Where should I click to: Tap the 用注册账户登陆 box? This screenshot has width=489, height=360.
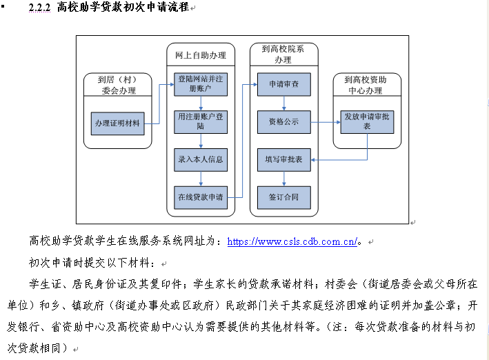point(200,122)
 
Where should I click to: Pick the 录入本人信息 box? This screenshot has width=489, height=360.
point(200,159)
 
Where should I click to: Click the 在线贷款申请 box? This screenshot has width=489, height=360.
point(200,197)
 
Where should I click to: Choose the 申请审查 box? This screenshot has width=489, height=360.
point(283,84)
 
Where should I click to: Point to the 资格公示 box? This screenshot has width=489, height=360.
point(283,122)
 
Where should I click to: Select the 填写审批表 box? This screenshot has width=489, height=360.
point(283,159)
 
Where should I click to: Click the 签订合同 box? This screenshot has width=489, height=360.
point(283,197)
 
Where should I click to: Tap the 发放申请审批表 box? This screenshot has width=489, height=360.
point(366,122)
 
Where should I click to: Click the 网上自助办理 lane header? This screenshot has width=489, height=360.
point(201,54)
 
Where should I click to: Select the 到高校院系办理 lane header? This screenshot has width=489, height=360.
point(283,54)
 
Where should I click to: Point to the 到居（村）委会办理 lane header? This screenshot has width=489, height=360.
point(117,85)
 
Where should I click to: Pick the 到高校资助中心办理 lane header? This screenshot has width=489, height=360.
point(366,85)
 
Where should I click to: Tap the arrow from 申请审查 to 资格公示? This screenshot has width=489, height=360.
point(283,103)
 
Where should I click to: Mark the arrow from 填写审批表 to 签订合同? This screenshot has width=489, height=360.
point(283,179)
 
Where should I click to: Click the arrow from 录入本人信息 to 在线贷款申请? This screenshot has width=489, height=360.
point(200,179)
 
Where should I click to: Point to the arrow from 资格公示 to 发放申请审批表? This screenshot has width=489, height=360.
point(325,123)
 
